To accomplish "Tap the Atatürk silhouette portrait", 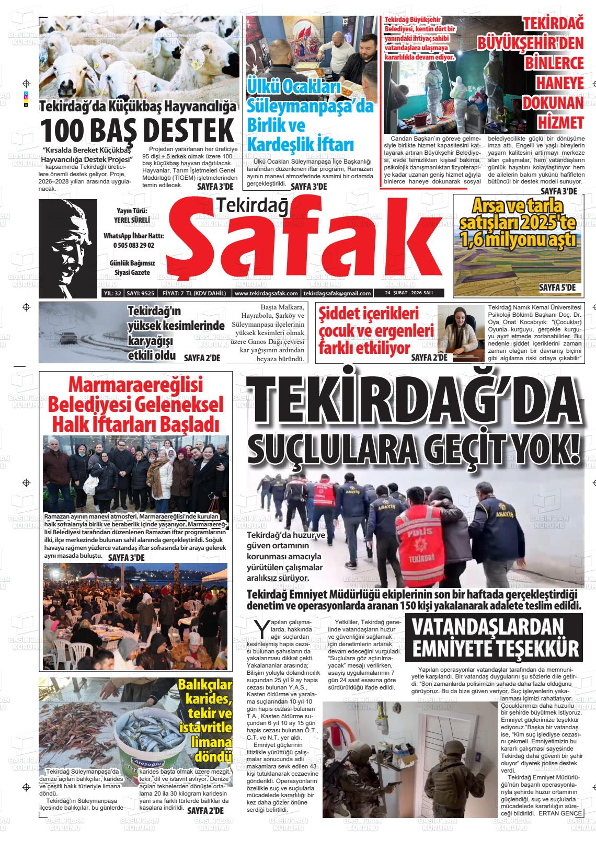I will pos(67,240).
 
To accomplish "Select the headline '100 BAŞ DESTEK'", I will pos(137,129).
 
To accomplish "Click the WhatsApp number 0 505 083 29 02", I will pos(133,245).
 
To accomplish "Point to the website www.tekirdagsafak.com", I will pos(267,294).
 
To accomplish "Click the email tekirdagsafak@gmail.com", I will pos(337,294).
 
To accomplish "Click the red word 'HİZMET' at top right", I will pos(560,122).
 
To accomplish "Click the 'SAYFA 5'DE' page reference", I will pos(557,287).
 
